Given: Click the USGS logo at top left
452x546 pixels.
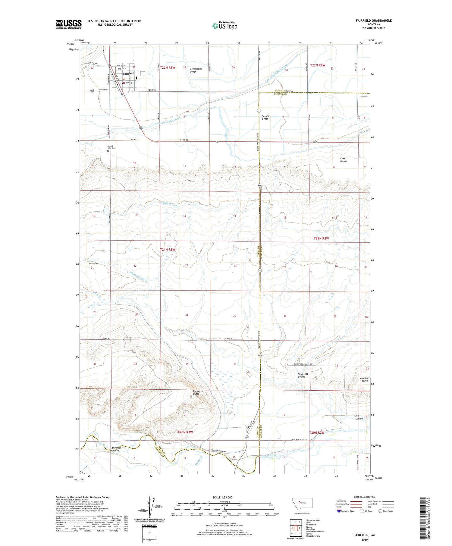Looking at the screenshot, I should point(69,24).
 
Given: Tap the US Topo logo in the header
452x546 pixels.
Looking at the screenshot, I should point(225,26).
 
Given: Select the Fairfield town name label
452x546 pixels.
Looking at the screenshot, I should point(128,73).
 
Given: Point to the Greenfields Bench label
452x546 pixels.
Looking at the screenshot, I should point(196,70).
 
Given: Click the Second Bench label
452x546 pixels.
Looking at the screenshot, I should point(265,117).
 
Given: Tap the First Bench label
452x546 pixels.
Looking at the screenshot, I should point(343,160).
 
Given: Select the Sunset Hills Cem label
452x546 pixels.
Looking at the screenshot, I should point(111,147).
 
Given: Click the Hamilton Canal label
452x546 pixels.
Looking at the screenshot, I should point(169,204).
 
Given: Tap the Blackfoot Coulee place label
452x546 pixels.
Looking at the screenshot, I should point(303,375).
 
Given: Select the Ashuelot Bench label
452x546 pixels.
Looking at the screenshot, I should point(365,379).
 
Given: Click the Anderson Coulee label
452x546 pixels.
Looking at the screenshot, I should point(116,449).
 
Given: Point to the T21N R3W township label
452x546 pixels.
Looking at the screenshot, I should point(168,249).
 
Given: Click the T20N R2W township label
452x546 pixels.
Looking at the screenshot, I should point(317,433).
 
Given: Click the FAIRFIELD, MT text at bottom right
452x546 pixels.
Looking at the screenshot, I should point(365,535).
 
